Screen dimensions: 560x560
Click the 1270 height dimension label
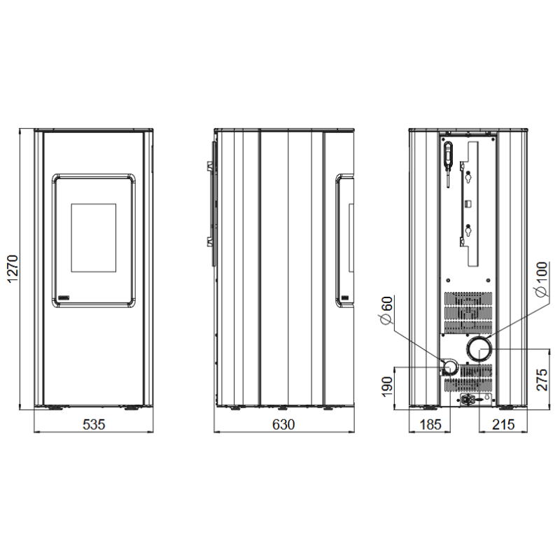[13, 269]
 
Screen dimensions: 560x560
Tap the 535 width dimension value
[94, 424]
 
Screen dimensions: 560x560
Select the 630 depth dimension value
[283, 424]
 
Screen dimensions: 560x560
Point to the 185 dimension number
[430, 424]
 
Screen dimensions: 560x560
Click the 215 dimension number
[503, 424]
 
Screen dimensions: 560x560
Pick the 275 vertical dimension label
[542, 379]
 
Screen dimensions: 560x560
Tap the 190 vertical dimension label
[387, 387]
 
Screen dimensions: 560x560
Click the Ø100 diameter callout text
[541, 279]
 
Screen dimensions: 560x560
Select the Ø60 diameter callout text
[387, 311]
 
